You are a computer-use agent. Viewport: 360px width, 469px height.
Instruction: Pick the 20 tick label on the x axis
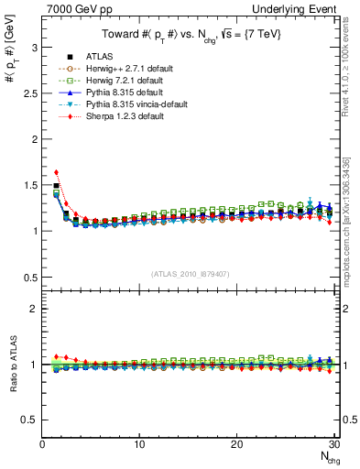click(236, 444)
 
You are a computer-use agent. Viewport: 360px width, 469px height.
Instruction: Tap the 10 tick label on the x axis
click(139, 444)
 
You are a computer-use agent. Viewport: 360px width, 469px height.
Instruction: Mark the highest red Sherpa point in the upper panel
click(56, 171)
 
